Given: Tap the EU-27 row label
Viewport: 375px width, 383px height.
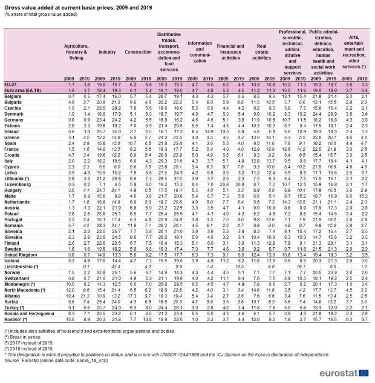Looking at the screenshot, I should click(x=11, y=85).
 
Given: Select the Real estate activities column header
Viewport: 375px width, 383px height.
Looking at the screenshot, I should click(x=261, y=52).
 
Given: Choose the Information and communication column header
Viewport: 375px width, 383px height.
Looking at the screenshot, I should click(x=199, y=52).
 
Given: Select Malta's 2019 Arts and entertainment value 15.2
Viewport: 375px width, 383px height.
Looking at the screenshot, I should click(x=362, y=196).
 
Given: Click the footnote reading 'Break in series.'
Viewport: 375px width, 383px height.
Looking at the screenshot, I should click(x=23, y=335).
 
